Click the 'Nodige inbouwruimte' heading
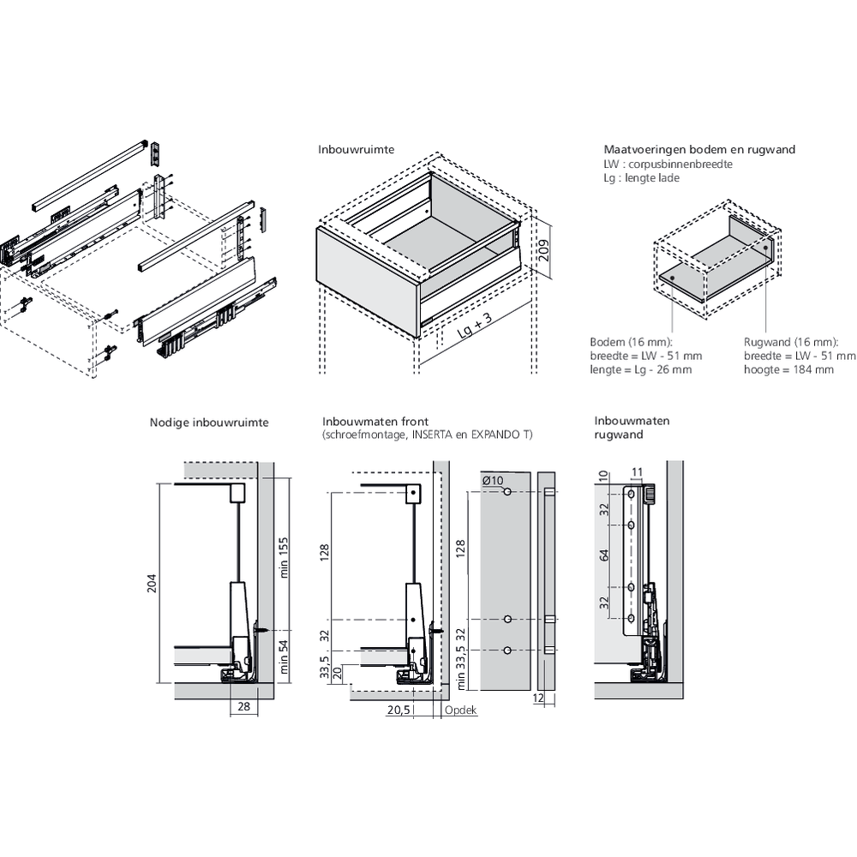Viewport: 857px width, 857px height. click(x=209, y=423)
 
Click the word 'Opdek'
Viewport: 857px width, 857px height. click(x=460, y=710)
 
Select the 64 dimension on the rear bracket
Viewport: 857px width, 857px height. click(x=603, y=555)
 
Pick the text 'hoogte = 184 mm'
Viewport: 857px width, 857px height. click(x=788, y=369)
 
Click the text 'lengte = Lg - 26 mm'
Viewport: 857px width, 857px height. click(x=641, y=369)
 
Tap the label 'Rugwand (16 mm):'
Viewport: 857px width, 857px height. click(x=787, y=341)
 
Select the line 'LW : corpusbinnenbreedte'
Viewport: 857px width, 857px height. click(x=668, y=164)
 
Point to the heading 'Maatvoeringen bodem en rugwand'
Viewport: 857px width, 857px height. click(x=699, y=149)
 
